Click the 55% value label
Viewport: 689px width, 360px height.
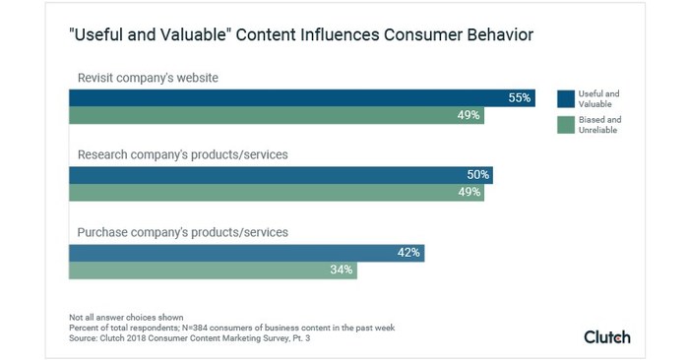[x=520, y=97]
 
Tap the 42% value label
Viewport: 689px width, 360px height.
[x=409, y=253]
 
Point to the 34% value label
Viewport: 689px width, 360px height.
[x=343, y=270]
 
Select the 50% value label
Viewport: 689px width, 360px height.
[x=478, y=175]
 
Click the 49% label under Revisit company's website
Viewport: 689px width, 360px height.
[x=469, y=115]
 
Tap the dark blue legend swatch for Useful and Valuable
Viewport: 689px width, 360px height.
[x=565, y=97]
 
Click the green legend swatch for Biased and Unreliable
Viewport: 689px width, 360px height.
[x=565, y=124]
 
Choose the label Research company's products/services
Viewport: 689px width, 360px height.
[x=182, y=154]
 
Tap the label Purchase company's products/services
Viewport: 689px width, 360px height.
[x=182, y=232]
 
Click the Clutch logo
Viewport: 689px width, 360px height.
[x=607, y=336]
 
